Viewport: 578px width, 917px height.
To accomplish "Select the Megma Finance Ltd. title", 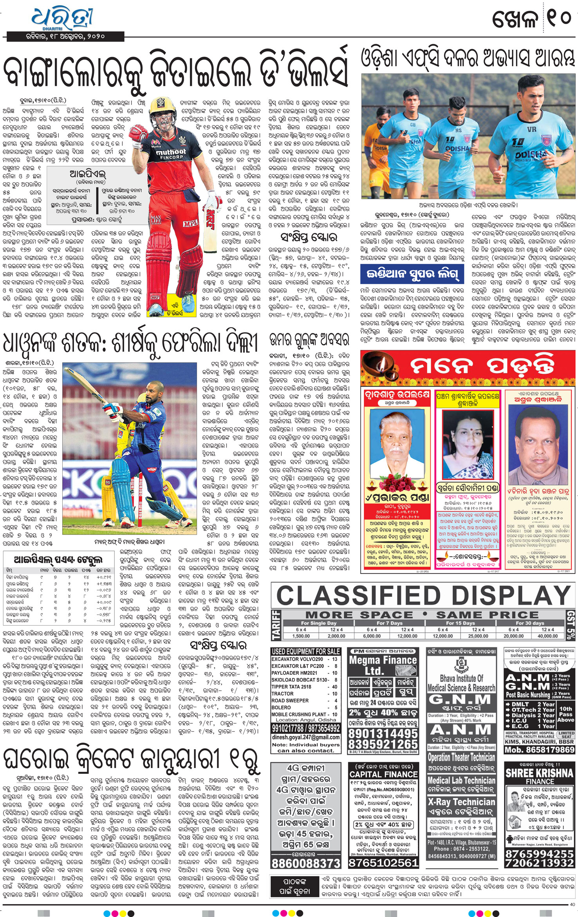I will pos(383,665).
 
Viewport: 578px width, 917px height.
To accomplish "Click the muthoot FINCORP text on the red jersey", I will pos(171,153).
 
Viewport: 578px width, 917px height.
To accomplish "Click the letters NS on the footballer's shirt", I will pos(458,130).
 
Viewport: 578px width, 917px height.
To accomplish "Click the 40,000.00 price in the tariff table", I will pos(547,636).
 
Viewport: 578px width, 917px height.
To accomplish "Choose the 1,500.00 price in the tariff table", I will pos(301,636).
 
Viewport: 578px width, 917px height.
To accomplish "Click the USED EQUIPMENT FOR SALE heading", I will pos(306,651).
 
